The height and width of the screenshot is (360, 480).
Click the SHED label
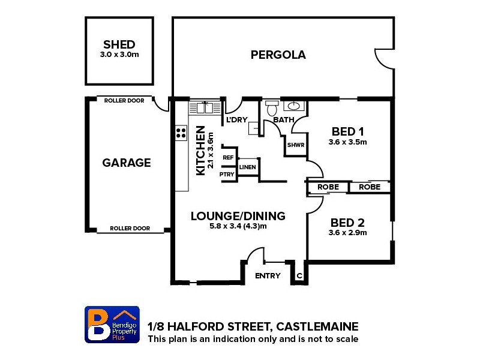(x=119, y=44)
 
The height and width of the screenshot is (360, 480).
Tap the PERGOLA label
(x=278, y=55)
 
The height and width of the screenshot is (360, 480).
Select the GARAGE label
(x=126, y=163)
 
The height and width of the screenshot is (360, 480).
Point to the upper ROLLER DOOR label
(x=124, y=101)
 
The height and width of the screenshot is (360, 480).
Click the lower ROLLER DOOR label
(x=131, y=229)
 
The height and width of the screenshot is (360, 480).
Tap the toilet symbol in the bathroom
(x=271, y=109)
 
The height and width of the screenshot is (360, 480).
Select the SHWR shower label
(x=295, y=145)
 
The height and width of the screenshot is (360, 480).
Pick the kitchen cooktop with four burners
(x=180, y=133)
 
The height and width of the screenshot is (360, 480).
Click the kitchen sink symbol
(x=205, y=107)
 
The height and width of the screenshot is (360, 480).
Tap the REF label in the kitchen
(x=228, y=157)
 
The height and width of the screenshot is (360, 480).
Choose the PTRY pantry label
(x=227, y=175)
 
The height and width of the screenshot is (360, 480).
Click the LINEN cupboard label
(x=248, y=167)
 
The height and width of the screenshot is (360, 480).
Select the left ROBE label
(x=328, y=187)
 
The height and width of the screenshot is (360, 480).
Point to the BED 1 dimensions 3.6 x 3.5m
(x=347, y=142)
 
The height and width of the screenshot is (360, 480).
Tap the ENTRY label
(x=268, y=276)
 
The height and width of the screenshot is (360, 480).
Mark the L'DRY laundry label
(x=236, y=120)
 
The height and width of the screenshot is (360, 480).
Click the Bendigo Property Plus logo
(x=113, y=325)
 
